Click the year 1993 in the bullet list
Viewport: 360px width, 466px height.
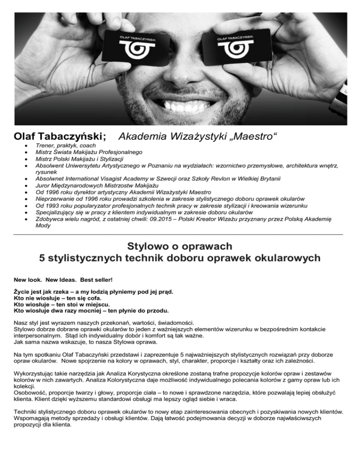click(54, 204)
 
